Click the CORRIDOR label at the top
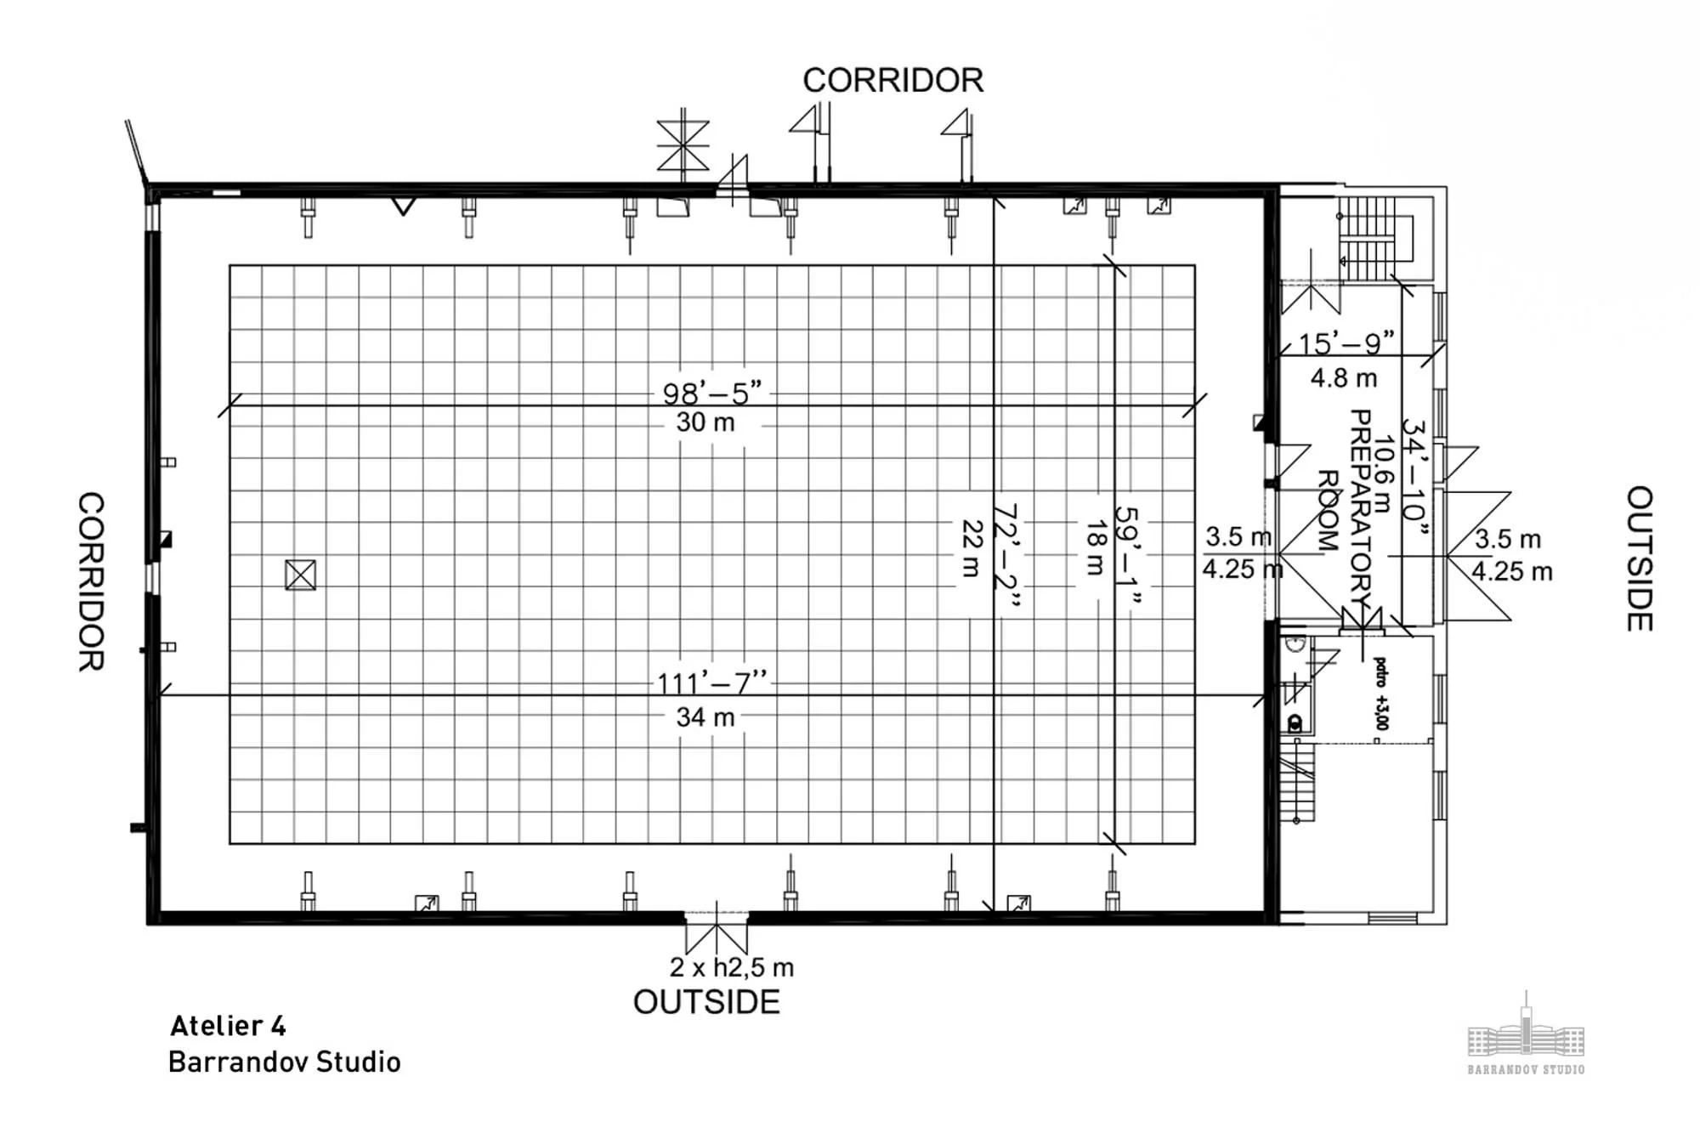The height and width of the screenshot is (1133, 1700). pyautogui.click(x=892, y=81)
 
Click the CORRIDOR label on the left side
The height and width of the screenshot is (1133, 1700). pyautogui.click(x=91, y=581)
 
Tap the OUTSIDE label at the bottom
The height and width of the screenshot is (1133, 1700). pyautogui.click(x=706, y=1002)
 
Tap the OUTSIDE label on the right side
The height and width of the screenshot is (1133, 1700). pyautogui.click(x=1640, y=558)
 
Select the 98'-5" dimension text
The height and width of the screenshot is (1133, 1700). pyautogui.click(x=712, y=393)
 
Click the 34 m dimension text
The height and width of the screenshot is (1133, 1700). pyautogui.click(x=705, y=717)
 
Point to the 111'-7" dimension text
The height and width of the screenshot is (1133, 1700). pyautogui.click(x=712, y=683)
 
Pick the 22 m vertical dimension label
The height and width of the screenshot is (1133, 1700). pyautogui.click(x=972, y=548)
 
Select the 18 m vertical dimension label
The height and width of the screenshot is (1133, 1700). pyautogui.click(x=1095, y=548)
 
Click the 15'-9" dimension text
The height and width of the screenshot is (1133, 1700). pyautogui.click(x=1346, y=343)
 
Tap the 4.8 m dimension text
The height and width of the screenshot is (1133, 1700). pyautogui.click(x=1344, y=378)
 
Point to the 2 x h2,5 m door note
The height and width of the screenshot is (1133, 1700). pyautogui.click(x=731, y=967)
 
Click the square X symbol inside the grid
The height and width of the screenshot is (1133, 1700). pyautogui.click(x=300, y=575)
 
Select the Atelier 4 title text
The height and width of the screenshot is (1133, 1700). pyautogui.click(x=228, y=1026)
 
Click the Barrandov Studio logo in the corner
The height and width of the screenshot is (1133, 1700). pyautogui.click(x=1526, y=1037)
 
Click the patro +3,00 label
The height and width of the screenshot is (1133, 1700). pyautogui.click(x=1380, y=694)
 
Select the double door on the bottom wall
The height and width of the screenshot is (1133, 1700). pyautogui.click(x=717, y=931)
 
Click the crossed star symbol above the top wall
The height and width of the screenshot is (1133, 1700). pyautogui.click(x=683, y=145)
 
